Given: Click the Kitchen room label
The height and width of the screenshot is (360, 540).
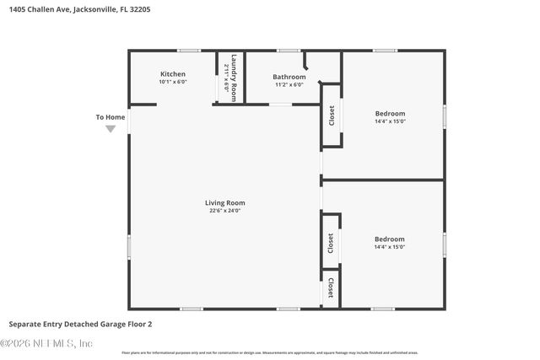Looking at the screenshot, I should tap(172, 74).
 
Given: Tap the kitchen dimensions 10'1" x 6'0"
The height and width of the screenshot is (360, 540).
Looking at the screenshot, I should tap(172, 83).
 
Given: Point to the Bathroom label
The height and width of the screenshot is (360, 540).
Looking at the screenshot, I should tap(289, 77).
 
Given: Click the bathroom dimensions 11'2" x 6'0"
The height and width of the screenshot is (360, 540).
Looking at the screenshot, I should tap(289, 85).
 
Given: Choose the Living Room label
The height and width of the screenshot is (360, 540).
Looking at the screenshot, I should tap(224, 202).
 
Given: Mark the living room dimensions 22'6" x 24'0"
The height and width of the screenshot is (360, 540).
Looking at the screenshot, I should tap(224, 211).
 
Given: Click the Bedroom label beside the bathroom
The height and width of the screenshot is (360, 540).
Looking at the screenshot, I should tap(390, 113).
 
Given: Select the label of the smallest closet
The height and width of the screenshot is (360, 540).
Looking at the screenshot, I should tap(331, 287).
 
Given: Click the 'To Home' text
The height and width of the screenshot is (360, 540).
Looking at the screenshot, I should tap(111, 117).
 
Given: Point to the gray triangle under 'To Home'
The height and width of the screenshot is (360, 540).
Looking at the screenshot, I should tap(111, 129).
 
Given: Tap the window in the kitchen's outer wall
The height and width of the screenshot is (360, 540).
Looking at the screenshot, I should tap(188, 51).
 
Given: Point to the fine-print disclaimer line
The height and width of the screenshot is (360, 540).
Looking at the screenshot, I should tap(270, 353).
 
